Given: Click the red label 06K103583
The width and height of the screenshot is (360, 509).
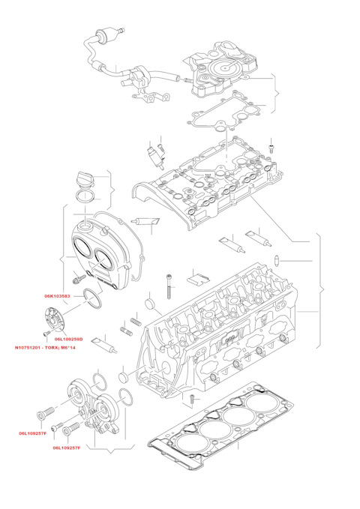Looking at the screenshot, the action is coord(57,296).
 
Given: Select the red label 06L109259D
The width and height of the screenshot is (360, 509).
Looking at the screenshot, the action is coord(68,340).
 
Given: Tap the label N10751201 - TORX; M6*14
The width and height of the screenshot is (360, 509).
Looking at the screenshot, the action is coord(45,348).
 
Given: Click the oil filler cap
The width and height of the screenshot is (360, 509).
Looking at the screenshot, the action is coord(85,180).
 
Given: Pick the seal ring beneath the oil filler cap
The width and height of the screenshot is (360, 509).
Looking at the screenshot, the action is coord(85,197).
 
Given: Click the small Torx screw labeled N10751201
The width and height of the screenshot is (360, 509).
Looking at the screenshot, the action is coord(46,333).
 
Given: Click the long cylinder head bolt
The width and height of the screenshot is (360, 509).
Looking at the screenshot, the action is coord(169,286).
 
